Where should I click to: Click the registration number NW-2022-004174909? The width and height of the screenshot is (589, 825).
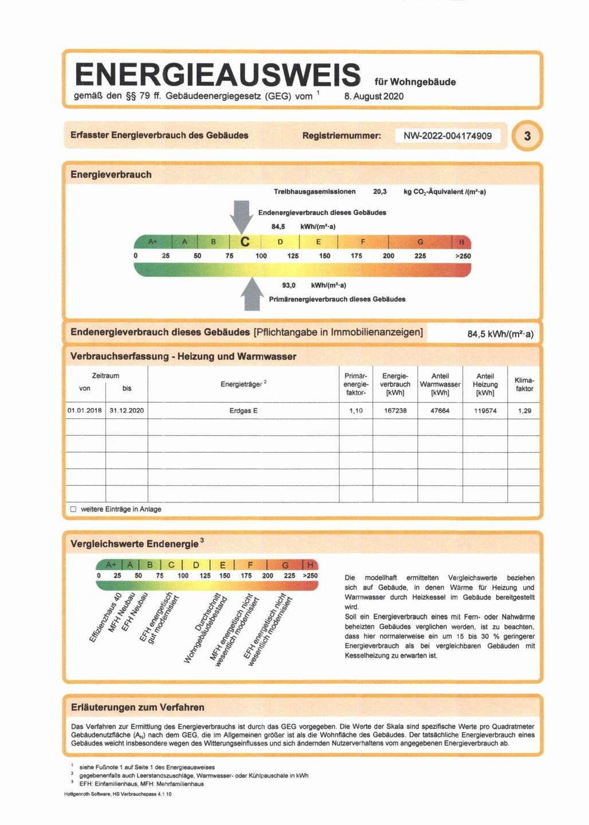pyautogui.click(x=447, y=136)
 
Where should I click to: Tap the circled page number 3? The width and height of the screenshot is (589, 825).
pyautogui.click(x=527, y=136)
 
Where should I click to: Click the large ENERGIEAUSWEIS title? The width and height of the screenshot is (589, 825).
pyautogui.click(x=218, y=75)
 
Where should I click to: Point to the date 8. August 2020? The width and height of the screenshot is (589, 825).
pyautogui.click(x=374, y=96)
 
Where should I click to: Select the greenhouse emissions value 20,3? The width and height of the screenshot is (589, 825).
pyautogui.click(x=380, y=192)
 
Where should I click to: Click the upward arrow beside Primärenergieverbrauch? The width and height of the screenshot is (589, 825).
pyautogui.click(x=252, y=294)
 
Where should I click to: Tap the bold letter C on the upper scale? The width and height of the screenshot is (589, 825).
pyautogui.click(x=245, y=242)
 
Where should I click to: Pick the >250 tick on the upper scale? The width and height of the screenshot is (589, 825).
pyautogui.click(x=463, y=256)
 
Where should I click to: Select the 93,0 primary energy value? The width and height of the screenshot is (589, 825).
pyautogui.click(x=289, y=285)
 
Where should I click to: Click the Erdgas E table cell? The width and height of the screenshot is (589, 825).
pyautogui.click(x=244, y=411)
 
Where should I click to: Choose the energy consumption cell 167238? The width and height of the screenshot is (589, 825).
pyautogui.click(x=395, y=411)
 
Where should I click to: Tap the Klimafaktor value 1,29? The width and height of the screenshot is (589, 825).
pyautogui.click(x=524, y=411)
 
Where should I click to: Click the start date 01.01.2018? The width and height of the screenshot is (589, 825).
pyautogui.click(x=85, y=411)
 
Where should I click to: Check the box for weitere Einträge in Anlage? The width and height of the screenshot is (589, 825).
pyautogui.click(x=73, y=509)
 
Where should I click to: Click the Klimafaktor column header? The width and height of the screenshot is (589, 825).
pyautogui.click(x=524, y=384)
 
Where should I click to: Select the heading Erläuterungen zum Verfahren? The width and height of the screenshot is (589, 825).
pyautogui.click(x=138, y=707)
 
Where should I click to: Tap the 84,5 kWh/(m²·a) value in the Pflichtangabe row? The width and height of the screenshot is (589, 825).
pyautogui.click(x=500, y=334)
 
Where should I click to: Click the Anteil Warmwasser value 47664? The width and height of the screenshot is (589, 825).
pyautogui.click(x=440, y=411)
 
